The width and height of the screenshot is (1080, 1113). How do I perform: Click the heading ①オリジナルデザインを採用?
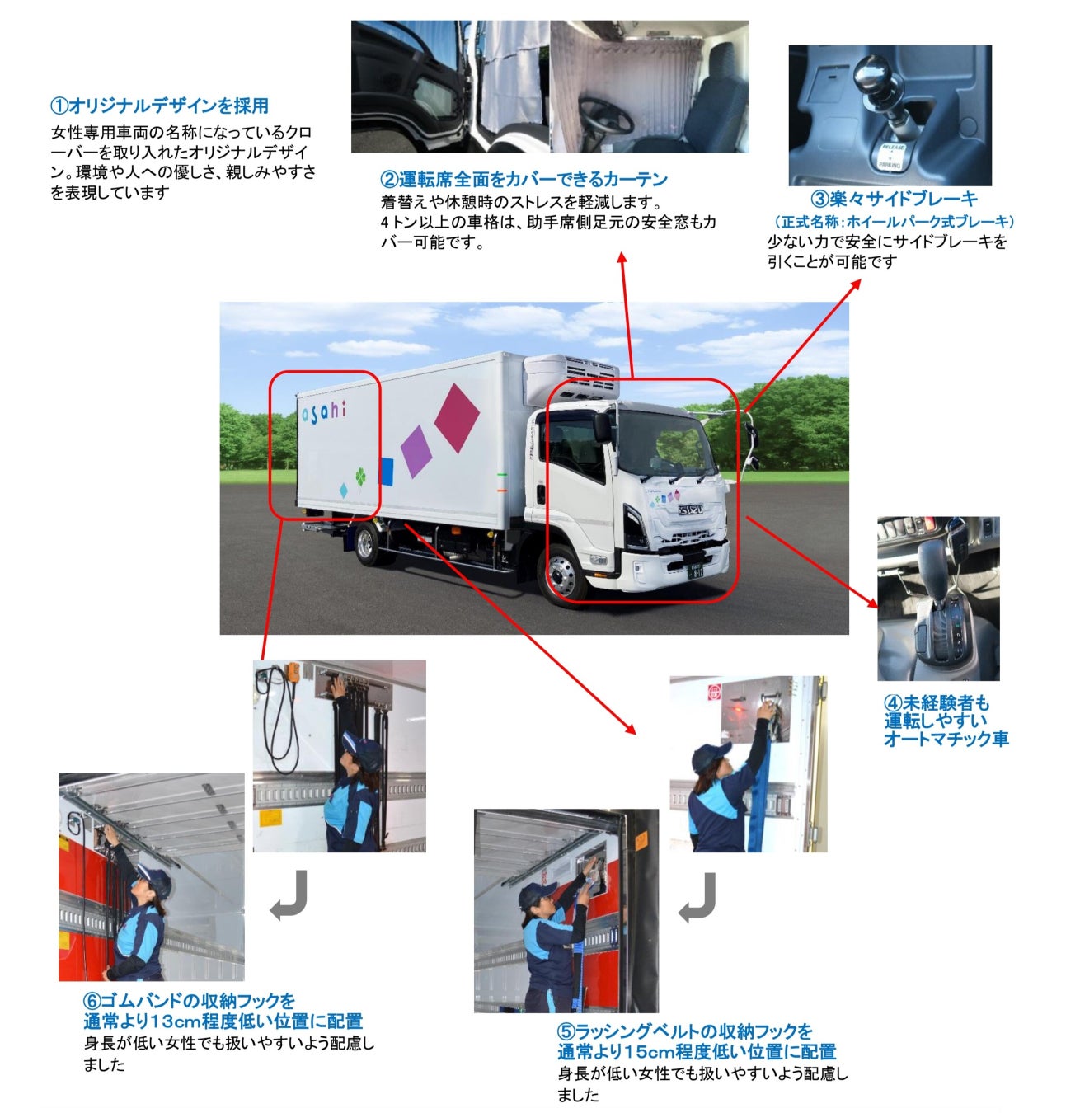[160, 106]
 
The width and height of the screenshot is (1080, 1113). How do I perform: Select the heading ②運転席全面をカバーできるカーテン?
[524, 180]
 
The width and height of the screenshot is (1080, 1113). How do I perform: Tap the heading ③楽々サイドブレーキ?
[894, 199]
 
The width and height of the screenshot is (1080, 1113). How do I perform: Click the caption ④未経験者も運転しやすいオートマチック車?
[946, 721]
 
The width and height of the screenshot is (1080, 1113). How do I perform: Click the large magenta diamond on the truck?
[457, 417]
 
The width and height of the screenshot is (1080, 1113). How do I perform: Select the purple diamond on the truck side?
[416, 451]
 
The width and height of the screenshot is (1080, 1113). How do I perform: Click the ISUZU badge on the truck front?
[690, 510]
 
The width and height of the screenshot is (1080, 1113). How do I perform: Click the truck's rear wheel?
[365, 543]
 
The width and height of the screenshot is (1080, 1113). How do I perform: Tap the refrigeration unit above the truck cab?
[572, 380]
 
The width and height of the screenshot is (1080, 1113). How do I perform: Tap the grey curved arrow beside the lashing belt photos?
[697, 897]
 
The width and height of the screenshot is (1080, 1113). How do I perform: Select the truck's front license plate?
[694, 571]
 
